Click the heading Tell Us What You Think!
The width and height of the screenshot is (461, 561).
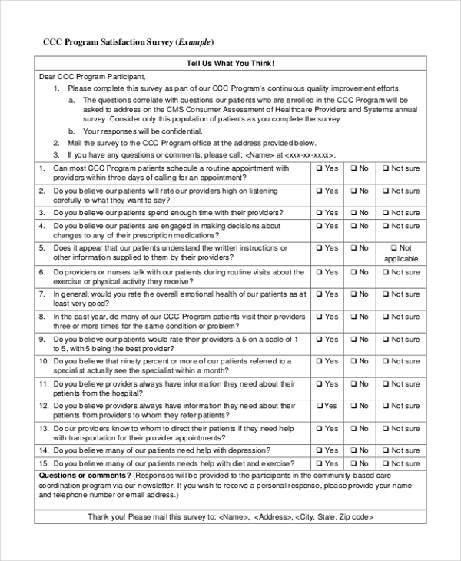(230, 63)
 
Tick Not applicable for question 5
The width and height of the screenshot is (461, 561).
(393, 249)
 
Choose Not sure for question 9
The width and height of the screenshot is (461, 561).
(387, 339)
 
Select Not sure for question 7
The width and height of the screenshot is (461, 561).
(387, 294)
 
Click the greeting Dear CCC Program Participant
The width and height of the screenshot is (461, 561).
(91, 78)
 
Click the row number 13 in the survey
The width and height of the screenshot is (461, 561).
(44, 428)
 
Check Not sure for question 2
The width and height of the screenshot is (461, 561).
(387, 191)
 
